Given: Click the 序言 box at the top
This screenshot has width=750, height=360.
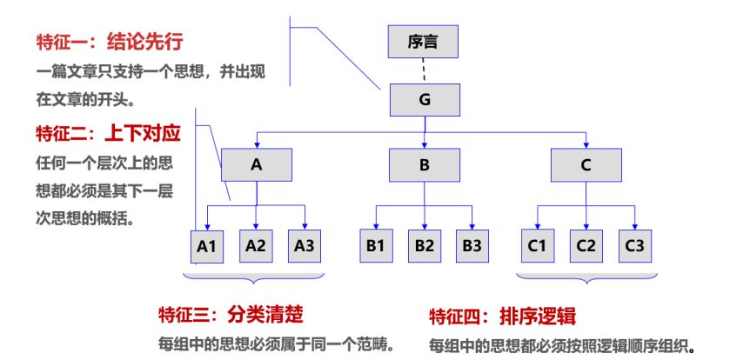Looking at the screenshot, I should coord(423,42).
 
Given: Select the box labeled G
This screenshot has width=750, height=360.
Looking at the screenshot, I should coord(424,99).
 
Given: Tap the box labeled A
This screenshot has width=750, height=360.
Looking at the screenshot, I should coord(256,164).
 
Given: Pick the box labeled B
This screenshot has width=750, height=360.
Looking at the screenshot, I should coord(424,164).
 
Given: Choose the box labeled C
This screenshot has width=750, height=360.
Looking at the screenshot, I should coord(586,164).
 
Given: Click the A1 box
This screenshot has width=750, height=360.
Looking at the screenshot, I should coord(206,245).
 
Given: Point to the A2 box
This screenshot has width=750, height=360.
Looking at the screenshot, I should coord(255,245).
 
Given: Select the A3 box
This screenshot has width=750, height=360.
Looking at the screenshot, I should coord(304,245).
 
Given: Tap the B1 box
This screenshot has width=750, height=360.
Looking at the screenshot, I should coord(375,245).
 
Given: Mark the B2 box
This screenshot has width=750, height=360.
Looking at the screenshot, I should coord(424,245).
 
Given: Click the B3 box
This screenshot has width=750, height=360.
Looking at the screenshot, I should coord(472,245).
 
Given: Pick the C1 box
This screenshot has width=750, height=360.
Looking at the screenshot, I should coord(537,245).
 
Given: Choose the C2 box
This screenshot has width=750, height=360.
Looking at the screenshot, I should coord(586,245).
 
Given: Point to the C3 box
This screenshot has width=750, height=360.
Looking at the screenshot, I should coord(634,245).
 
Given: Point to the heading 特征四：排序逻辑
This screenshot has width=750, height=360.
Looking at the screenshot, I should coord(502,317).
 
